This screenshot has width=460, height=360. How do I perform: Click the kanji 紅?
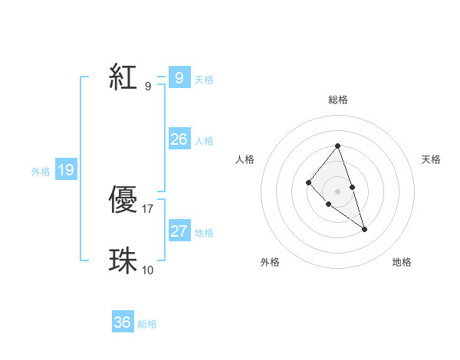point(123,77)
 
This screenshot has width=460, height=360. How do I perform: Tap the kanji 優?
point(123,200)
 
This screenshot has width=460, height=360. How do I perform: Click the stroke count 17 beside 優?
point(148,208)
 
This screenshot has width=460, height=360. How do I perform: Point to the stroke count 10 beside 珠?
point(148,270)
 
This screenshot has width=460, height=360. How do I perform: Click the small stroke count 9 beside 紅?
point(148,86)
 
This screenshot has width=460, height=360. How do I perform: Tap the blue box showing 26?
point(179,139)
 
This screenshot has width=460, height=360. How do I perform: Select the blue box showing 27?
point(179,231)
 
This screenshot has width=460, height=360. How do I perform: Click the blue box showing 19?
point(66,170)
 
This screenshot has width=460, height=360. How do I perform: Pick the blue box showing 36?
point(123,322)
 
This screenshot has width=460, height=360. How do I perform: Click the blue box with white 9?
point(179,77)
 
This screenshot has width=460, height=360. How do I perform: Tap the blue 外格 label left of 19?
point(41,172)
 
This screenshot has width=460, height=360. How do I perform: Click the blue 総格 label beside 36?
point(147,324)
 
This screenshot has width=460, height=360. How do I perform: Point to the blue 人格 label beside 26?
point(204,141)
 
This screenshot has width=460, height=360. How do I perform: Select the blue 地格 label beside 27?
point(204,233)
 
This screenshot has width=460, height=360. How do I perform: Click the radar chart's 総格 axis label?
point(337,100)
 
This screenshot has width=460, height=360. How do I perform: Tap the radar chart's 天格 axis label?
point(431,159)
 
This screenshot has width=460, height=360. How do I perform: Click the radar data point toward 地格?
point(365,229)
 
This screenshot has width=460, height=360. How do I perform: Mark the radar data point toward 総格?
point(337,146)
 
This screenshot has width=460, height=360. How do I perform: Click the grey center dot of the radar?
point(337,191)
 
